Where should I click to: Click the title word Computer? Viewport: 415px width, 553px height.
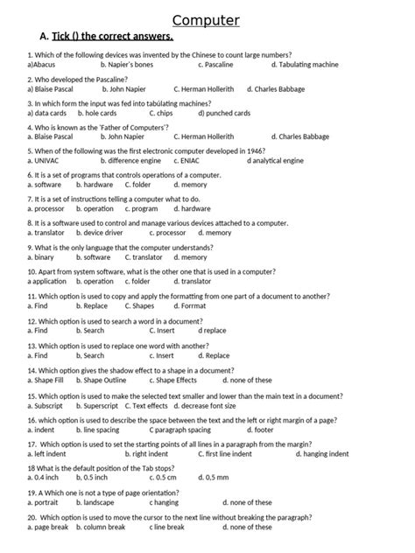(x=207, y=20)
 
